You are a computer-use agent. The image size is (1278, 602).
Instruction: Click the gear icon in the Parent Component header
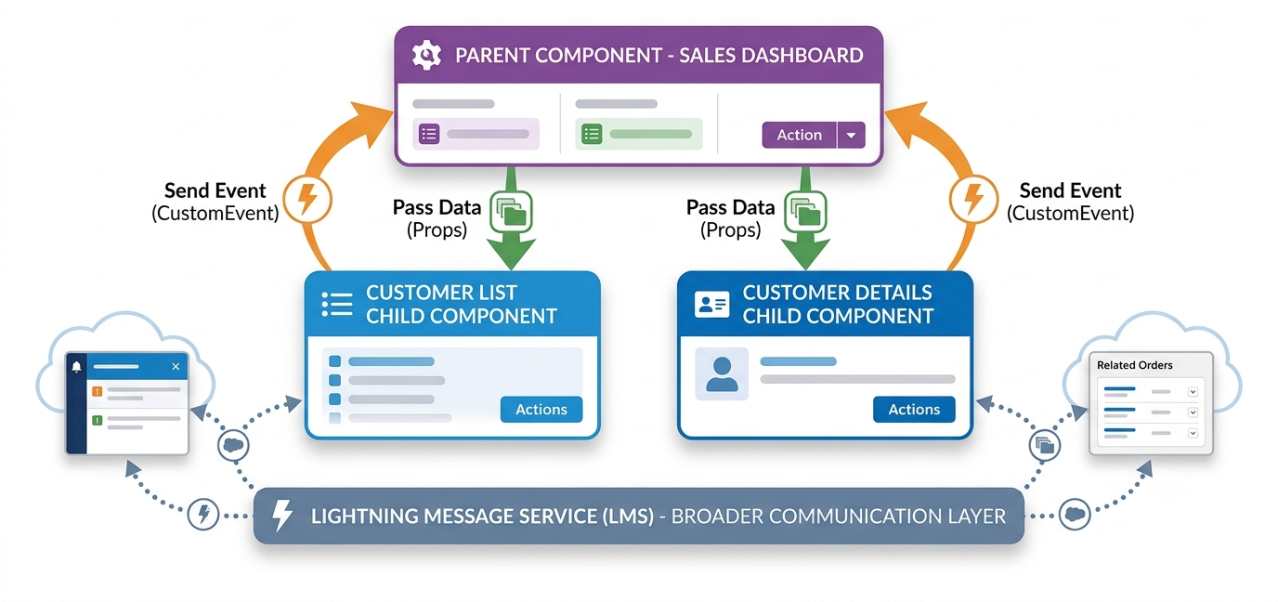click(426, 56)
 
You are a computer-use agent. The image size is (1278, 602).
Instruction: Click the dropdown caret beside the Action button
click(852, 136)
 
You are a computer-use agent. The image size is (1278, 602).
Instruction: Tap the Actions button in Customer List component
click(541, 409)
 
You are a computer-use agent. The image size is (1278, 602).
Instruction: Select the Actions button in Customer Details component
click(914, 409)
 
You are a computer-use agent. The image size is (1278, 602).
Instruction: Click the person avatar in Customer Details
click(722, 373)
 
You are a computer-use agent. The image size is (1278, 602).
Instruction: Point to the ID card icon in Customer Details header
click(712, 304)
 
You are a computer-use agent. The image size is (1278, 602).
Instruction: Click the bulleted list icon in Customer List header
click(337, 304)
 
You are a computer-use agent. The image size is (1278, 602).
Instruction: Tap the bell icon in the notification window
click(76, 366)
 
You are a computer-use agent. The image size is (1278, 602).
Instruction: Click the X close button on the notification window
click(176, 366)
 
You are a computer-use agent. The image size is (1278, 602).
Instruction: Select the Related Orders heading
click(1134, 365)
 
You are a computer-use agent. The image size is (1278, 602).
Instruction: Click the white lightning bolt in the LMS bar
click(281, 516)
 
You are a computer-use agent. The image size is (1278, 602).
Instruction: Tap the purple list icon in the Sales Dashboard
click(429, 134)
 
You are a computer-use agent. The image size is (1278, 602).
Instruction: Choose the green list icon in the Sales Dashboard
click(592, 134)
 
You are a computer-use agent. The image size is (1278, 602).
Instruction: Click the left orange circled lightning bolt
click(307, 199)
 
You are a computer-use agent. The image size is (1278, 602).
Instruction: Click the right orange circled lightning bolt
click(974, 199)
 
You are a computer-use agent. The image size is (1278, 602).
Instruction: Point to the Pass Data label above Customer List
click(437, 207)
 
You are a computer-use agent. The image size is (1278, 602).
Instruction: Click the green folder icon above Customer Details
click(805, 212)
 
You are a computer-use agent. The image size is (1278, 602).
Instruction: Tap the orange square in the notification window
click(97, 391)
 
